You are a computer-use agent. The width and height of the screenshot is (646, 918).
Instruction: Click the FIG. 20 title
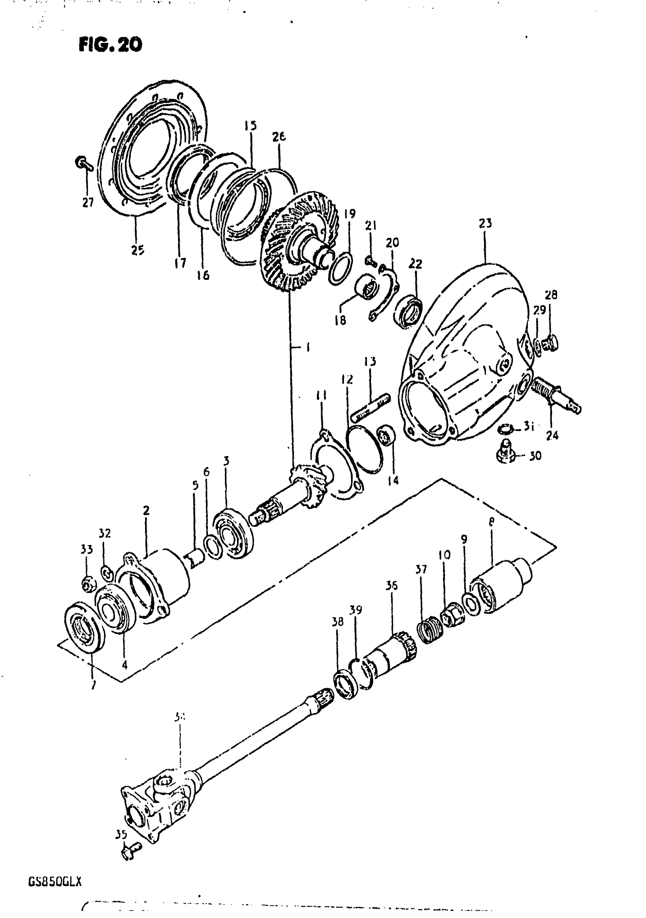coord(110,45)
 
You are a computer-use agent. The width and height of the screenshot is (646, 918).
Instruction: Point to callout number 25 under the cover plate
coord(138,251)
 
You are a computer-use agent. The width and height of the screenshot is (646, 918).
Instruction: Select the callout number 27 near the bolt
coord(88,202)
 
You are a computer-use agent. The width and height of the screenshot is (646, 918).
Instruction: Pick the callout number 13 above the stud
coord(370,361)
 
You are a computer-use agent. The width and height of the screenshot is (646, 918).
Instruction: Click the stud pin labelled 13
coord(370,408)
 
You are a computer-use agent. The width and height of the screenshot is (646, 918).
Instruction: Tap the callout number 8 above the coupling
coord(491,522)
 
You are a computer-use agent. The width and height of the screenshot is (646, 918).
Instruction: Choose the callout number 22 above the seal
coord(415,264)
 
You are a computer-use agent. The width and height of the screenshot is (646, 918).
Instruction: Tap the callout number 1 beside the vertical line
coord(308,347)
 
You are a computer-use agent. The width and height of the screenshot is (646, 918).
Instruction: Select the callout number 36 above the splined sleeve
coord(391,586)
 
